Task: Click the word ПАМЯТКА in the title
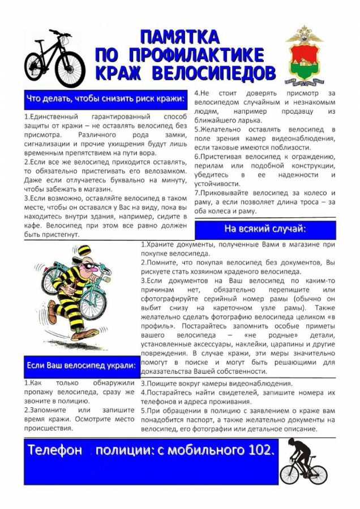179,37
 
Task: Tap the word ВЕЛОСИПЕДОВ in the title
217,72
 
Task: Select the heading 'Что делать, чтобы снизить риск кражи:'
105,100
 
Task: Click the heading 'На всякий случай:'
265,229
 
